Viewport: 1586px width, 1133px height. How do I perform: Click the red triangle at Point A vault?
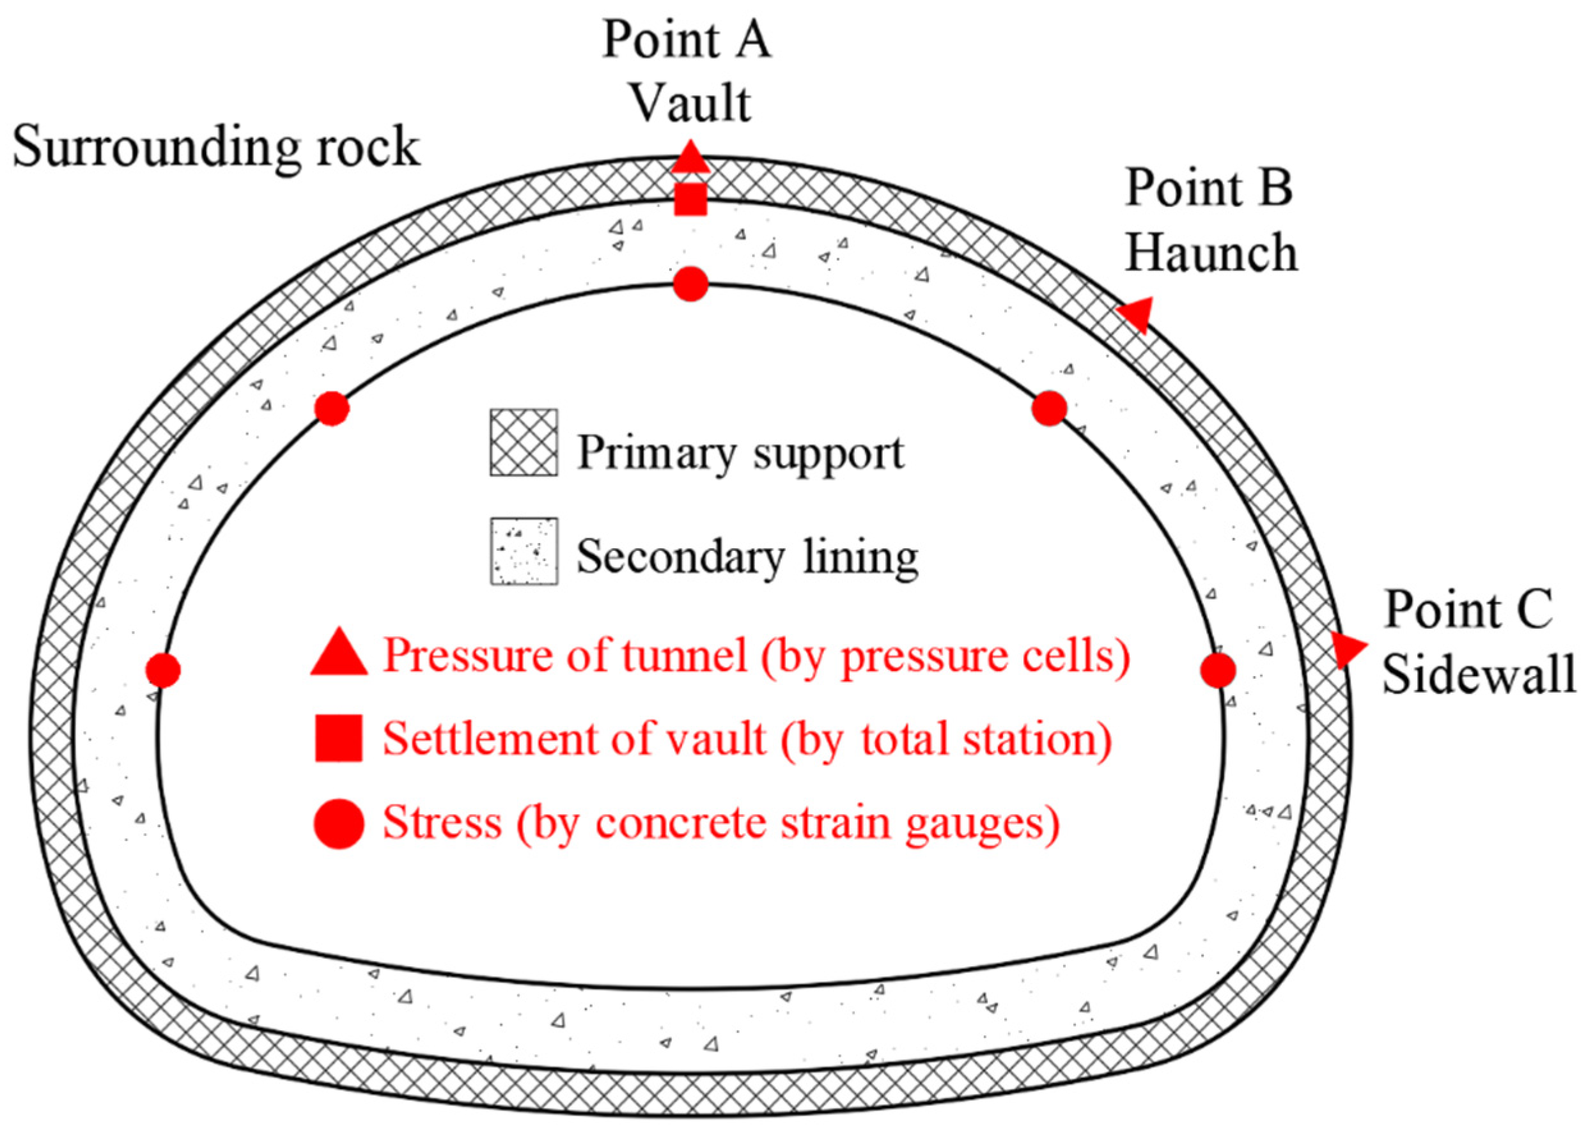tap(689, 159)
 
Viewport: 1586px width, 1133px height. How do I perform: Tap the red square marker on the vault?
tap(690, 199)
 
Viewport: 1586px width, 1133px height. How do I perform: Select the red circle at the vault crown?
tap(690, 284)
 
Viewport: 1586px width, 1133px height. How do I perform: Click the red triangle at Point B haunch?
tap(1136, 314)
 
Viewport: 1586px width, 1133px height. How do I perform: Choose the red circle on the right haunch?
tap(1049, 408)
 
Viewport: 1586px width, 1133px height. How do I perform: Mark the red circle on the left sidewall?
tap(162, 670)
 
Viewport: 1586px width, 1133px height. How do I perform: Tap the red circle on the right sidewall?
tap(1218, 670)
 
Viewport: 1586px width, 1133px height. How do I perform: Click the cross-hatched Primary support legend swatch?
tap(524, 442)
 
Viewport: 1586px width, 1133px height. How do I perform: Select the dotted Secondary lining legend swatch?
tap(524, 551)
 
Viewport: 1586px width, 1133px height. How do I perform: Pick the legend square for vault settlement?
tap(338, 737)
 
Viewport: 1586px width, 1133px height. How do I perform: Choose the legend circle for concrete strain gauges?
tap(338, 824)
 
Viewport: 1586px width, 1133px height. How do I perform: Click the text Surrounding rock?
tap(216, 148)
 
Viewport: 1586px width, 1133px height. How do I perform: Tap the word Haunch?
tap(1211, 252)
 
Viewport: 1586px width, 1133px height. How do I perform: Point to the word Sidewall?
tap(1479, 675)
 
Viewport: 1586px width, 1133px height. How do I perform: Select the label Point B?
tap(1208, 189)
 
